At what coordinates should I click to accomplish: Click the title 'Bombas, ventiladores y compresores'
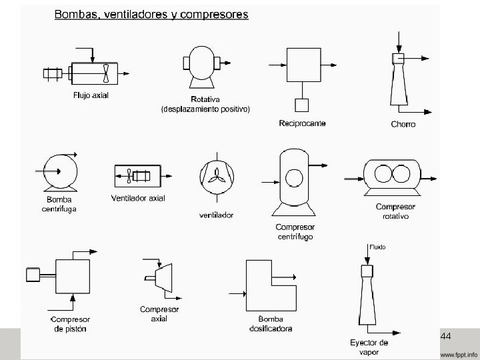151,14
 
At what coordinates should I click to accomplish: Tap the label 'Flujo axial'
91,95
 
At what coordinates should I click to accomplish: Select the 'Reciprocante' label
302,123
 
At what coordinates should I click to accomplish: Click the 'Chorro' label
403,124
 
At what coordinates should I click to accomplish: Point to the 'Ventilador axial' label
138,198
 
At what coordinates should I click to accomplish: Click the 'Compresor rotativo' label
395,211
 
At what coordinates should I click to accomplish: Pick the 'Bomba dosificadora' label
271,323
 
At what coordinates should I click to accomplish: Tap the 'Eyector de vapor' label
369,347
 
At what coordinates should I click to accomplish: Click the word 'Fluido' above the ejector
377,247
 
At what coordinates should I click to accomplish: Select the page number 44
446,335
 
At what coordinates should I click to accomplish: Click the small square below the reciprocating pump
301,105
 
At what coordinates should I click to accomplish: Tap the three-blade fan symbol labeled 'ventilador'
216,175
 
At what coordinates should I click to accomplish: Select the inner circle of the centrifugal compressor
293,177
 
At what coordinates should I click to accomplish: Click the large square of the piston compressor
72,276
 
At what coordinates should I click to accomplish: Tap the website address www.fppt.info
458,353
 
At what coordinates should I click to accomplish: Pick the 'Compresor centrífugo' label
295,231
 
